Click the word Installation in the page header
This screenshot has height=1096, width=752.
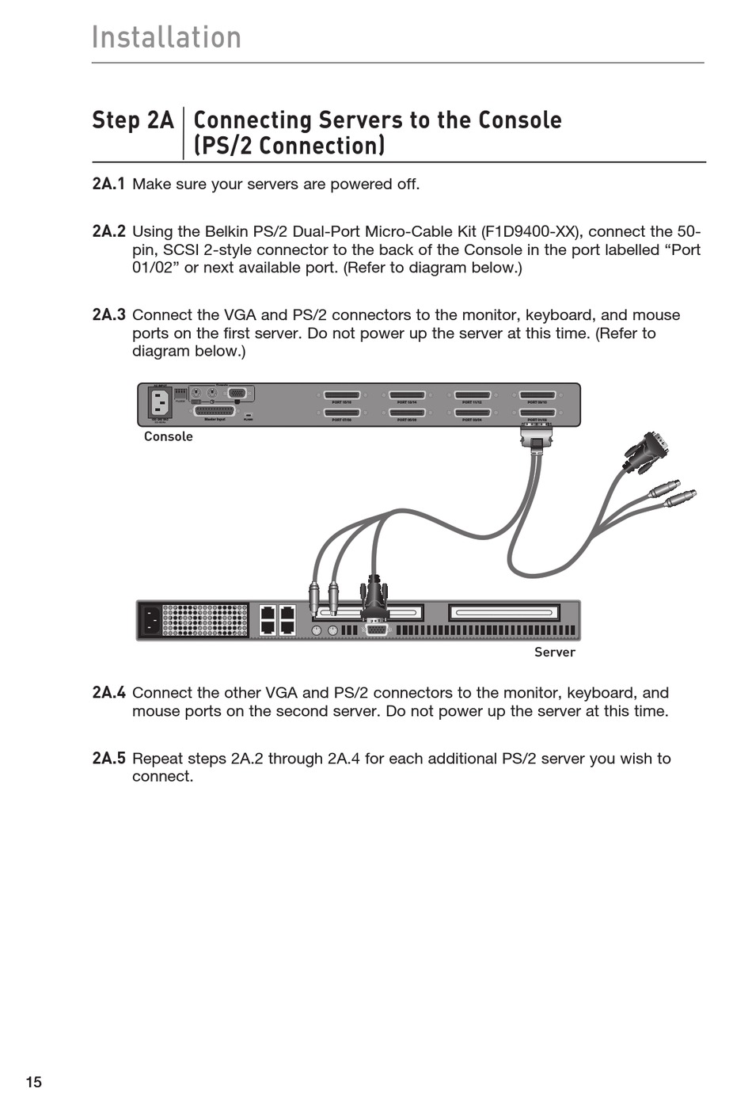[166, 37]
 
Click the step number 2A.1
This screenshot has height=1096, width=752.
[108, 184]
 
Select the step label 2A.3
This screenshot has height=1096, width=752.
[108, 314]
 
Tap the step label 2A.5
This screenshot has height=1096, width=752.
[108, 758]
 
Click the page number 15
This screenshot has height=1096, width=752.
[33, 1082]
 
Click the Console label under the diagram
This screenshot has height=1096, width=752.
[168, 436]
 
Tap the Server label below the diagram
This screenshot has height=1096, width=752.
[554, 652]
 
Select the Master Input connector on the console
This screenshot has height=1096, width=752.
[215, 411]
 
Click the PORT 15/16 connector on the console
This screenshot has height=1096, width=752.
[342, 394]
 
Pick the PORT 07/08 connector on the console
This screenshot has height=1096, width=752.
[342, 413]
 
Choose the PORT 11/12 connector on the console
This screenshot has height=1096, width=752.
[472, 394]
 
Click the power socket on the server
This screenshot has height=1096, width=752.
[149, 620]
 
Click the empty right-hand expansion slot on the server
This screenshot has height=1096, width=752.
[503, 612]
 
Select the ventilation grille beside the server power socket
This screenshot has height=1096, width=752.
[204, 620]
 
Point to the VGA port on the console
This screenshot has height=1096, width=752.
[237, 393]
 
